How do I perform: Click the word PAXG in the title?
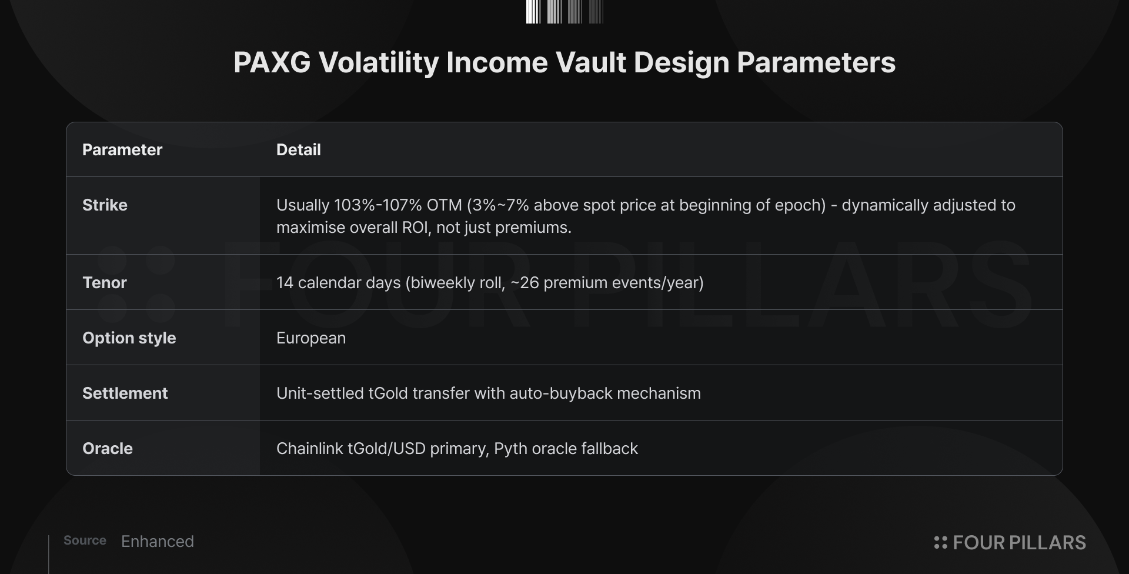[272, 62]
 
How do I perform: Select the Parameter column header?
[122, 150]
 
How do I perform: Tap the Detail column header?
[299, 150]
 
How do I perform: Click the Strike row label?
[105, 205]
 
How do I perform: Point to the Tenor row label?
[105, 283]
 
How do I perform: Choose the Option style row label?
[129, 338]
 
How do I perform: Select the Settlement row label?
[125, 393]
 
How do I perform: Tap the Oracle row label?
[108, 449]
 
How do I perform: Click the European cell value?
[311, 339]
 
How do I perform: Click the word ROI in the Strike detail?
[416, 228]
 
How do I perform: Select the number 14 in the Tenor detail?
[285, 283]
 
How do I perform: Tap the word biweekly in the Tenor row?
[442, 283]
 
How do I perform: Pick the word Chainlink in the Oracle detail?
[310, 449]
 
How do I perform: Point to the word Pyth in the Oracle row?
[510, 449]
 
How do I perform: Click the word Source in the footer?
[85, 540]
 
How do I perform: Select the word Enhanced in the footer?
[158, 542]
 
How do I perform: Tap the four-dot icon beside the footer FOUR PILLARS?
[941, 542]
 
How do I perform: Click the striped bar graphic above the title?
[564, 12]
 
